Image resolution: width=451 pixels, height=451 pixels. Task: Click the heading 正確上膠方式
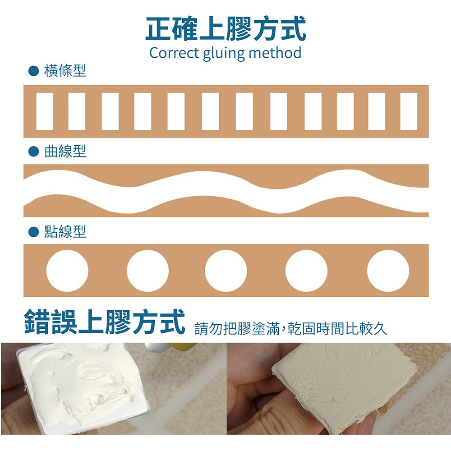[225, 28]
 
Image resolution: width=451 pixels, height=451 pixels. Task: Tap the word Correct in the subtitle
[174, 53]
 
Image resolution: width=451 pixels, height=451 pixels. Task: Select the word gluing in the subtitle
[224, 54]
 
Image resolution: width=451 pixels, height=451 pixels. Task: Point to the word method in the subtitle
[275, 53]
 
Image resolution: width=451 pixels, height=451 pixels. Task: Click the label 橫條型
[65, 70]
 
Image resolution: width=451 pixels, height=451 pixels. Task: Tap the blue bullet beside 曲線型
[34, 151]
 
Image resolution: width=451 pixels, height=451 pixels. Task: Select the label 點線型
[65, 231]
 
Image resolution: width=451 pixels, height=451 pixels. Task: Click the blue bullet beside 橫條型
[34, 71]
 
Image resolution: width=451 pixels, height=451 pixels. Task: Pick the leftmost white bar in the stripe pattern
[45, 111]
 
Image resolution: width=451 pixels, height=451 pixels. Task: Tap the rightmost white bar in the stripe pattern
[409, 111]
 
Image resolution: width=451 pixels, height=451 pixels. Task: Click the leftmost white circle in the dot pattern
[67, 271]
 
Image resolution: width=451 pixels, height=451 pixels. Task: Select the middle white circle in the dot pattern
[226, 271]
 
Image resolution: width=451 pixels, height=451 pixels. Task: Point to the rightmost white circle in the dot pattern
[388, 271]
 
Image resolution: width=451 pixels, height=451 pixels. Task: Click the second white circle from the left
[147, 271]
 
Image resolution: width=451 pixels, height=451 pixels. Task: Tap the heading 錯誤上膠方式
[105, 322]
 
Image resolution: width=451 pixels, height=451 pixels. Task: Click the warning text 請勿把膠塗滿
[237, 328]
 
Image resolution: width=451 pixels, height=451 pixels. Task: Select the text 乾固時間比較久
[337, 328]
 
